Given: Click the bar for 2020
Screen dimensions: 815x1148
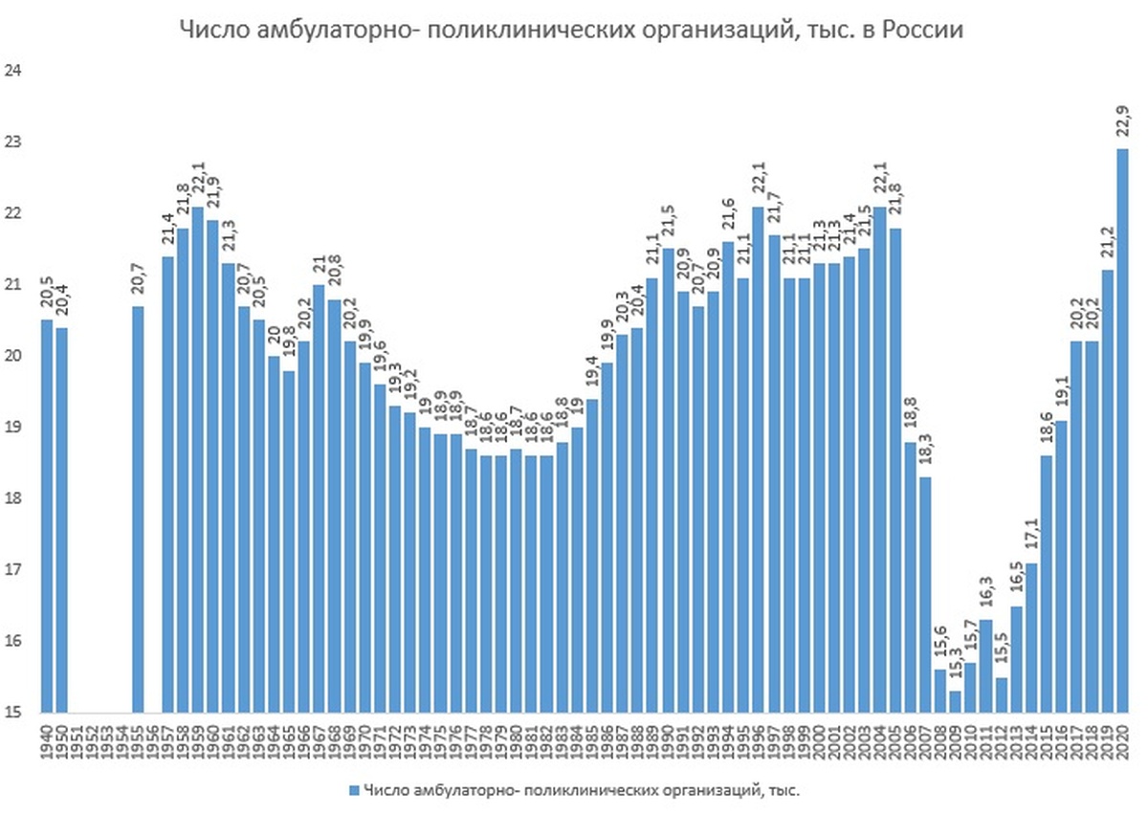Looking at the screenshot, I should pos(1122,430).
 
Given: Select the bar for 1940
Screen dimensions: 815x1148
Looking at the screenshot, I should pos(47,517).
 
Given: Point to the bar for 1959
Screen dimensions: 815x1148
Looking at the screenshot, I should pos(197,459).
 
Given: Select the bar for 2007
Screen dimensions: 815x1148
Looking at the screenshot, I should pos(925,594).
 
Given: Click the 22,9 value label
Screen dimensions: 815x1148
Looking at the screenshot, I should pos(1122,121).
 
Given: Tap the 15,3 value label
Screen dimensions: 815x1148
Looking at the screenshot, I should pos(956,665).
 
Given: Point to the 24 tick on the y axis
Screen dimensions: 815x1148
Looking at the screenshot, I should pos(12,71).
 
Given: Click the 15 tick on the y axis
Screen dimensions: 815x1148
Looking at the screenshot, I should pos(12,713).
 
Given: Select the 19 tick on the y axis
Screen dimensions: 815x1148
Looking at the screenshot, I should pos(12,428).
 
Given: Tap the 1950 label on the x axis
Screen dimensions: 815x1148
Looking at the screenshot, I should pos(62,740).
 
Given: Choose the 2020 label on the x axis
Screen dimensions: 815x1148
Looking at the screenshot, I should pos(1122,740).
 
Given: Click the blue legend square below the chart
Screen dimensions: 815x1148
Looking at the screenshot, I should pos(353,790).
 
